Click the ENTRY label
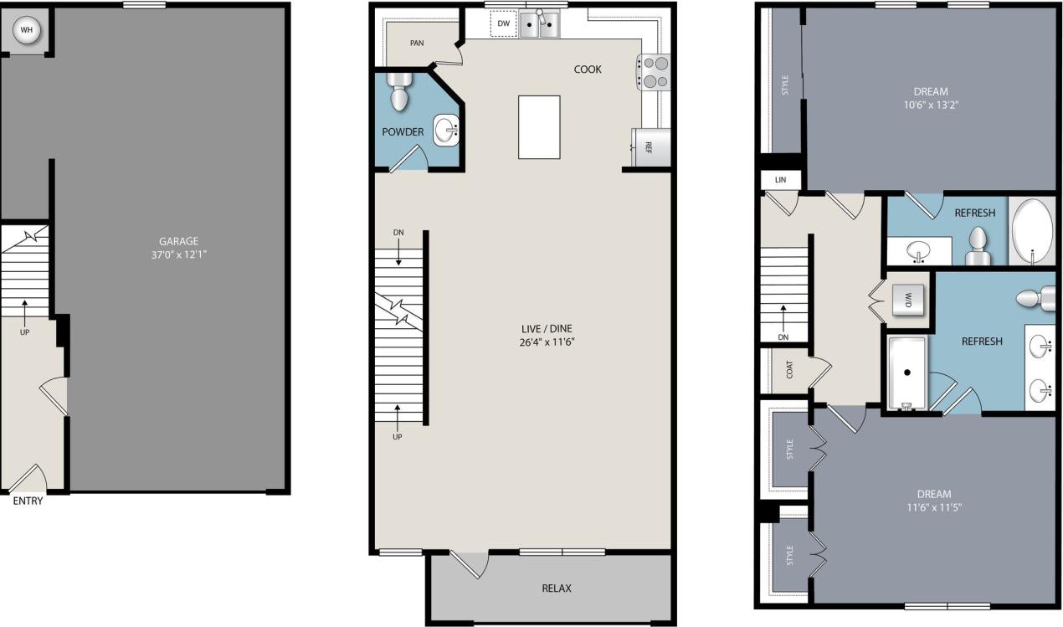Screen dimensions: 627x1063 (27, 501)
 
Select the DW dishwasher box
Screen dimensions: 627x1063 (503, 24)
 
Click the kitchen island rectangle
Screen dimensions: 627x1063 (539, 126)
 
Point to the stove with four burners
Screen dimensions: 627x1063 (655, 71)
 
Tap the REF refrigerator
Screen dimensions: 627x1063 (650, 147)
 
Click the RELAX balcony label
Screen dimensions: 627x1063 (557, 588)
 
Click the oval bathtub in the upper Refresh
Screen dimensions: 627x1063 (1033, 230)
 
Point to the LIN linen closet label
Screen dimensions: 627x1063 (780, 180)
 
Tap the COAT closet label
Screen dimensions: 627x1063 (789, 369)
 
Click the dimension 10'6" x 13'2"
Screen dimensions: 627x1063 (931, 105)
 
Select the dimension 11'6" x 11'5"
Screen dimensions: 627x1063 (933, 507)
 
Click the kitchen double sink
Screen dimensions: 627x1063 (539, 26)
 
